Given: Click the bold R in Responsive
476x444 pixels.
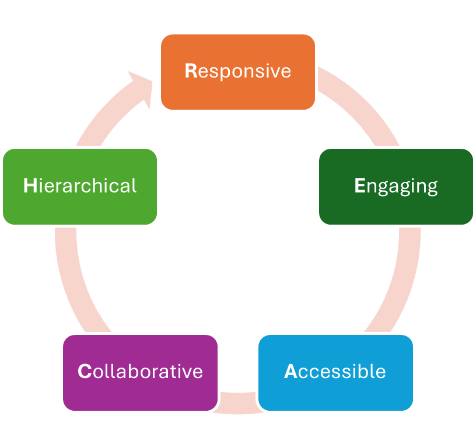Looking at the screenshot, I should point(191,71).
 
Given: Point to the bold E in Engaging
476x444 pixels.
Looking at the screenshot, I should point(360,186).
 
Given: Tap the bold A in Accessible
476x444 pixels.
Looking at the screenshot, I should point(290,372).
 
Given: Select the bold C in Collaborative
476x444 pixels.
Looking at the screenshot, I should point(85,372).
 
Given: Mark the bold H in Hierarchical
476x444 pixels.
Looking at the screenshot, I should point(30,186).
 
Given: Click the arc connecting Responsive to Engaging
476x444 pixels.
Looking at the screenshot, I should point(362,107).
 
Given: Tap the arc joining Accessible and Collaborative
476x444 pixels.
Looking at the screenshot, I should point(238,403).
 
